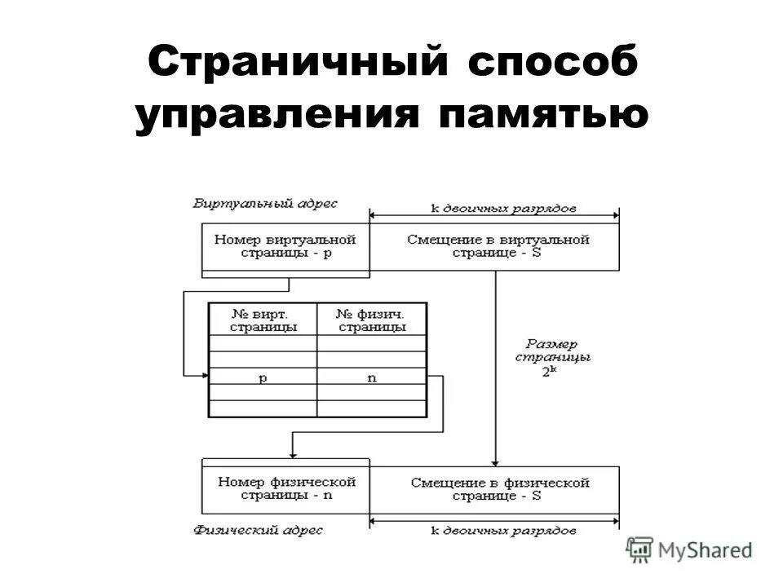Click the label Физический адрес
258,531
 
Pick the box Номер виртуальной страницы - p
285,246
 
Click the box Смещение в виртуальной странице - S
497,246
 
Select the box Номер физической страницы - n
285,488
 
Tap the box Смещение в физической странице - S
499,488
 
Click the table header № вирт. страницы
263,320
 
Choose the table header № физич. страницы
372,320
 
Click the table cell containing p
263,378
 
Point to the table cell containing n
372,378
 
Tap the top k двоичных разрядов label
502,209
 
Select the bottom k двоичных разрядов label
502,531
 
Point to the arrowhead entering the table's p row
204,376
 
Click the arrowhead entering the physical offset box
495,461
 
